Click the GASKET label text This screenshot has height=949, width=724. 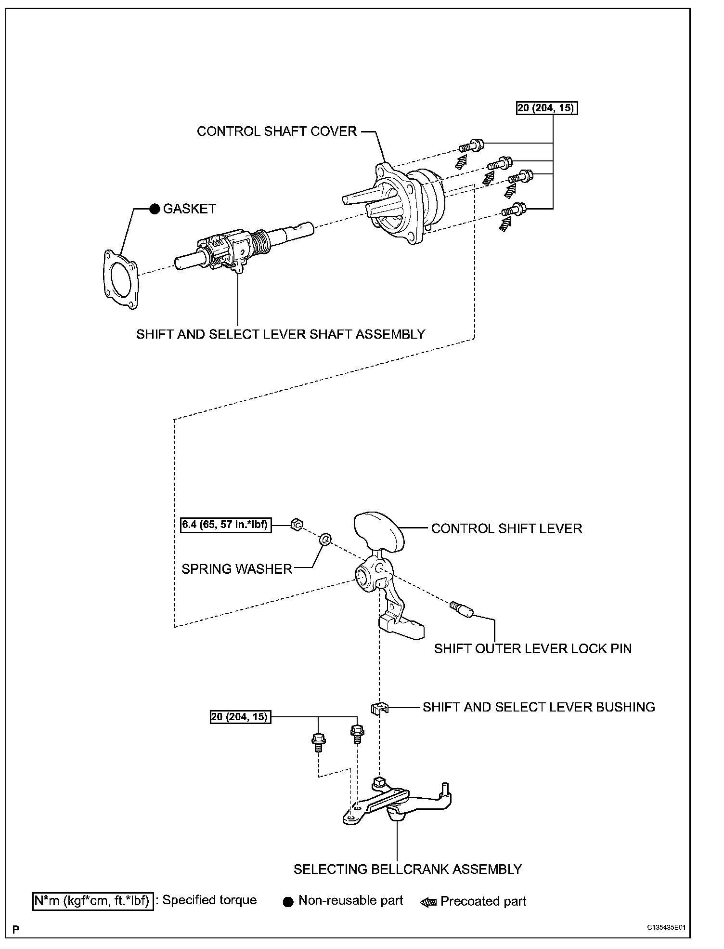coord(189,209)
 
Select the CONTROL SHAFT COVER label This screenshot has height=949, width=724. coord(277,132)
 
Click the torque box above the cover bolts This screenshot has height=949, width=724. coord(547,108)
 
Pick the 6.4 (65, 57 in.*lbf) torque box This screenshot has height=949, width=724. coord(226,524)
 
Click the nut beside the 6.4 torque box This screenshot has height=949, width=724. coord(297,524)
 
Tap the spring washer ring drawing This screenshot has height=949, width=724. coord(325,539)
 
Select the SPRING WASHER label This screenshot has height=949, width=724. coord(237,569)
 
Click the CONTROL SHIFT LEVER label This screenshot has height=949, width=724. coord(506,528)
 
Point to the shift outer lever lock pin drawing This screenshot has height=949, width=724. coord(462,609)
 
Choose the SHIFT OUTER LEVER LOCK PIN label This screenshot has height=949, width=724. coord(532,648)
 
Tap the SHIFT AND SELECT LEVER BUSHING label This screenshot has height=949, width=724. coord(539,707)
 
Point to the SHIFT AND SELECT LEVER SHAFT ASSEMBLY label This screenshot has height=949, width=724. coord(281,334)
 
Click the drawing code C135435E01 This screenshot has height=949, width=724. coord(666,926)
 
